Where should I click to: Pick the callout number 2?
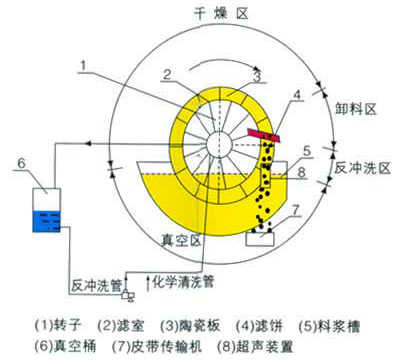172,71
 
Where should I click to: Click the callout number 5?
310,152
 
